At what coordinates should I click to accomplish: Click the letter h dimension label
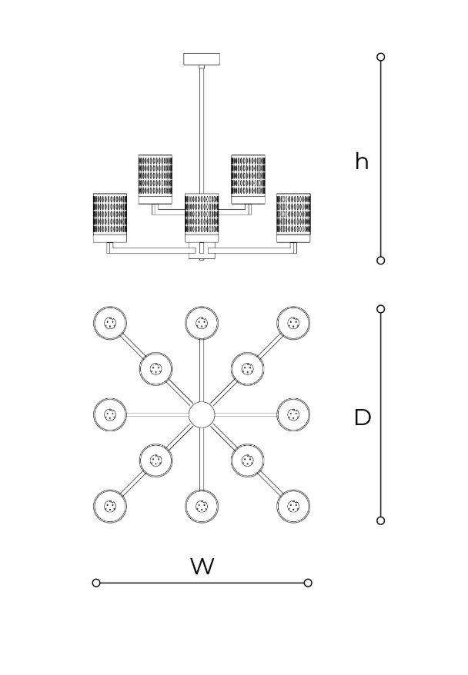click(x=362, y=161)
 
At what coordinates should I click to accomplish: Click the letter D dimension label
click(x=363, y=417)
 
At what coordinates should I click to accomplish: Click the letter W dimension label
click(x=202, y=567)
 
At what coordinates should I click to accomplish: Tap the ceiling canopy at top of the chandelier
click(x=202, y=59)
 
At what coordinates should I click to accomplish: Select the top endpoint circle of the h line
click(x=380, y=57)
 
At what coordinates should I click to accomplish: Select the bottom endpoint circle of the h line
click(x=380, y=261)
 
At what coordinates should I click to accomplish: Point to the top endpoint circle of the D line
click(x=380, y=309)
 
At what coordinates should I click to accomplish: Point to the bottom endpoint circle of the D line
click(x=380, y=521)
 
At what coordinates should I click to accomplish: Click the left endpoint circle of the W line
click(x=96, y=583)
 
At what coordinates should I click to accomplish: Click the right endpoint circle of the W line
click(x=308, y=583)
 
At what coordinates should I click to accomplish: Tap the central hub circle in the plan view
click(x=202, y=415)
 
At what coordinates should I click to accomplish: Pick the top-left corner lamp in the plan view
click(x=110, y=323)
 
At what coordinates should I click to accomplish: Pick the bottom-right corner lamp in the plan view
click(x=293, y=506)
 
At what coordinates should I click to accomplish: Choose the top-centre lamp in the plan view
click(x=202, y=323)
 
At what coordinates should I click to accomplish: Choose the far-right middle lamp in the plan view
click(x=293, y=415)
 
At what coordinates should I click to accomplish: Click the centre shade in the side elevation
click(x=202, y=218)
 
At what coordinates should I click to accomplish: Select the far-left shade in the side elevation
click(x=110, y=218)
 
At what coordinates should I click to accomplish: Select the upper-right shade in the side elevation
click(x=248, y=179)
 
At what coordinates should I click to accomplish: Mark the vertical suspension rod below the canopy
click(x=202, y=129)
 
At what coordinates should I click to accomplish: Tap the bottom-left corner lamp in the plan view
click(x=110, y=506)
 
